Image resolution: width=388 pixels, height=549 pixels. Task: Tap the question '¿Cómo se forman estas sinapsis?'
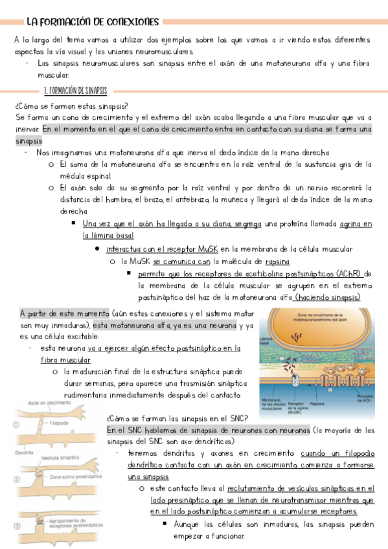(x=71, y=106)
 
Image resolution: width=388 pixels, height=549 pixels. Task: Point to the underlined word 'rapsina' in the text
(x=277, y=262)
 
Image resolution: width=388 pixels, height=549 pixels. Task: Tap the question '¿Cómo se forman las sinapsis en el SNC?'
(x=175, y=418)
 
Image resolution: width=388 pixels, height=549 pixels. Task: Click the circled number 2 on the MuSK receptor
(x=295, y=382)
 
